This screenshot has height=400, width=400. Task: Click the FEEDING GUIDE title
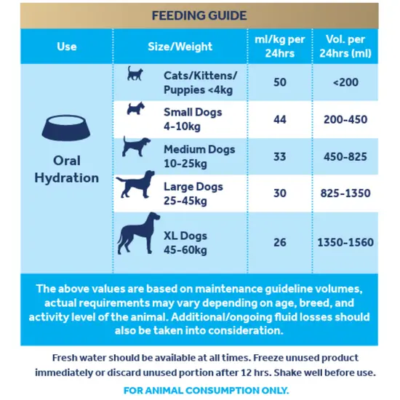[199, 15]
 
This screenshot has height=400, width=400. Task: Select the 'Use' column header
[66, 47]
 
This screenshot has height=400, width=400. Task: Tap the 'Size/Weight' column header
[180, 47]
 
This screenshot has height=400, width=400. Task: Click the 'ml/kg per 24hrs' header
[279, 46]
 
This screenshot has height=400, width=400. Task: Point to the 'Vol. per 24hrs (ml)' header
[345, 46]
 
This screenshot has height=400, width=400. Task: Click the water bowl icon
[66, 128]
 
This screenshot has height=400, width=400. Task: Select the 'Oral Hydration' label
[67, 169]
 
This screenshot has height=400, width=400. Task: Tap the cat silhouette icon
[135, 74]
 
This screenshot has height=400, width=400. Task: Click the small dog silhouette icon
[136, 111]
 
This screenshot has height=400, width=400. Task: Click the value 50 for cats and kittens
[279, 82]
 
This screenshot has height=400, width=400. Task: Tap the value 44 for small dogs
[279, 119]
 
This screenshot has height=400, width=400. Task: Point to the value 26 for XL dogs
[279, 242]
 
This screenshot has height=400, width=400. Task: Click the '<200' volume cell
[345, 82]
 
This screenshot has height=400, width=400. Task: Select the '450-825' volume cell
[345, 156]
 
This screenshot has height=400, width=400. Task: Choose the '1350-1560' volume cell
[345, 242]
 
